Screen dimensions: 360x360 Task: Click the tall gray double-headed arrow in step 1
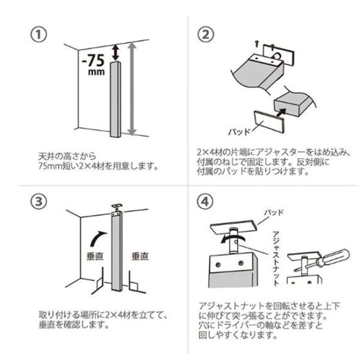(x=133, y=90)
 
